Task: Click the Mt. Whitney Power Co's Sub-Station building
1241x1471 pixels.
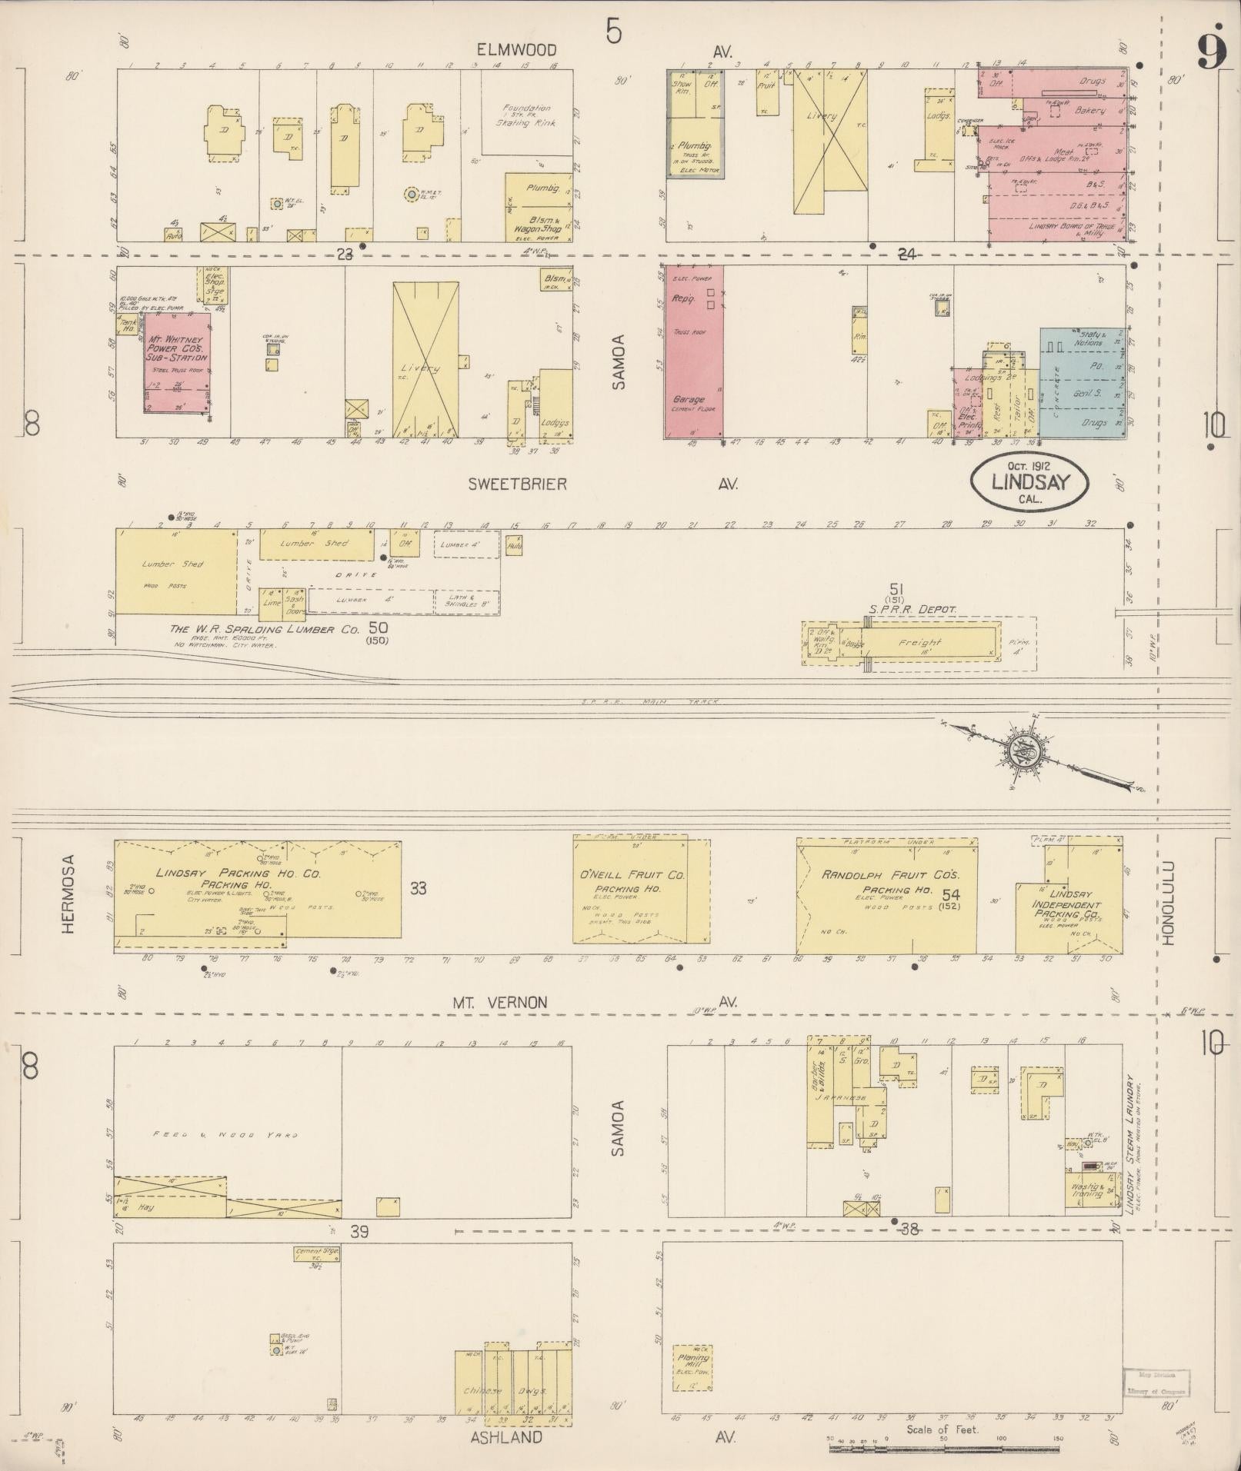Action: click(x=177, y=361)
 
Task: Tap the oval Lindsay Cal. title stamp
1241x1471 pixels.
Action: click(x=1030, y=483)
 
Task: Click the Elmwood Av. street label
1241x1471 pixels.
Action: click(x=515, y=50)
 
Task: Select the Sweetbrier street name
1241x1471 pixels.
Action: click(x=517, y=484)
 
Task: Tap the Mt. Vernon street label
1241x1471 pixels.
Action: click(x=499, y=1002)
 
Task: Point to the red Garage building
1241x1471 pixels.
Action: click(x=692, y=354)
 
